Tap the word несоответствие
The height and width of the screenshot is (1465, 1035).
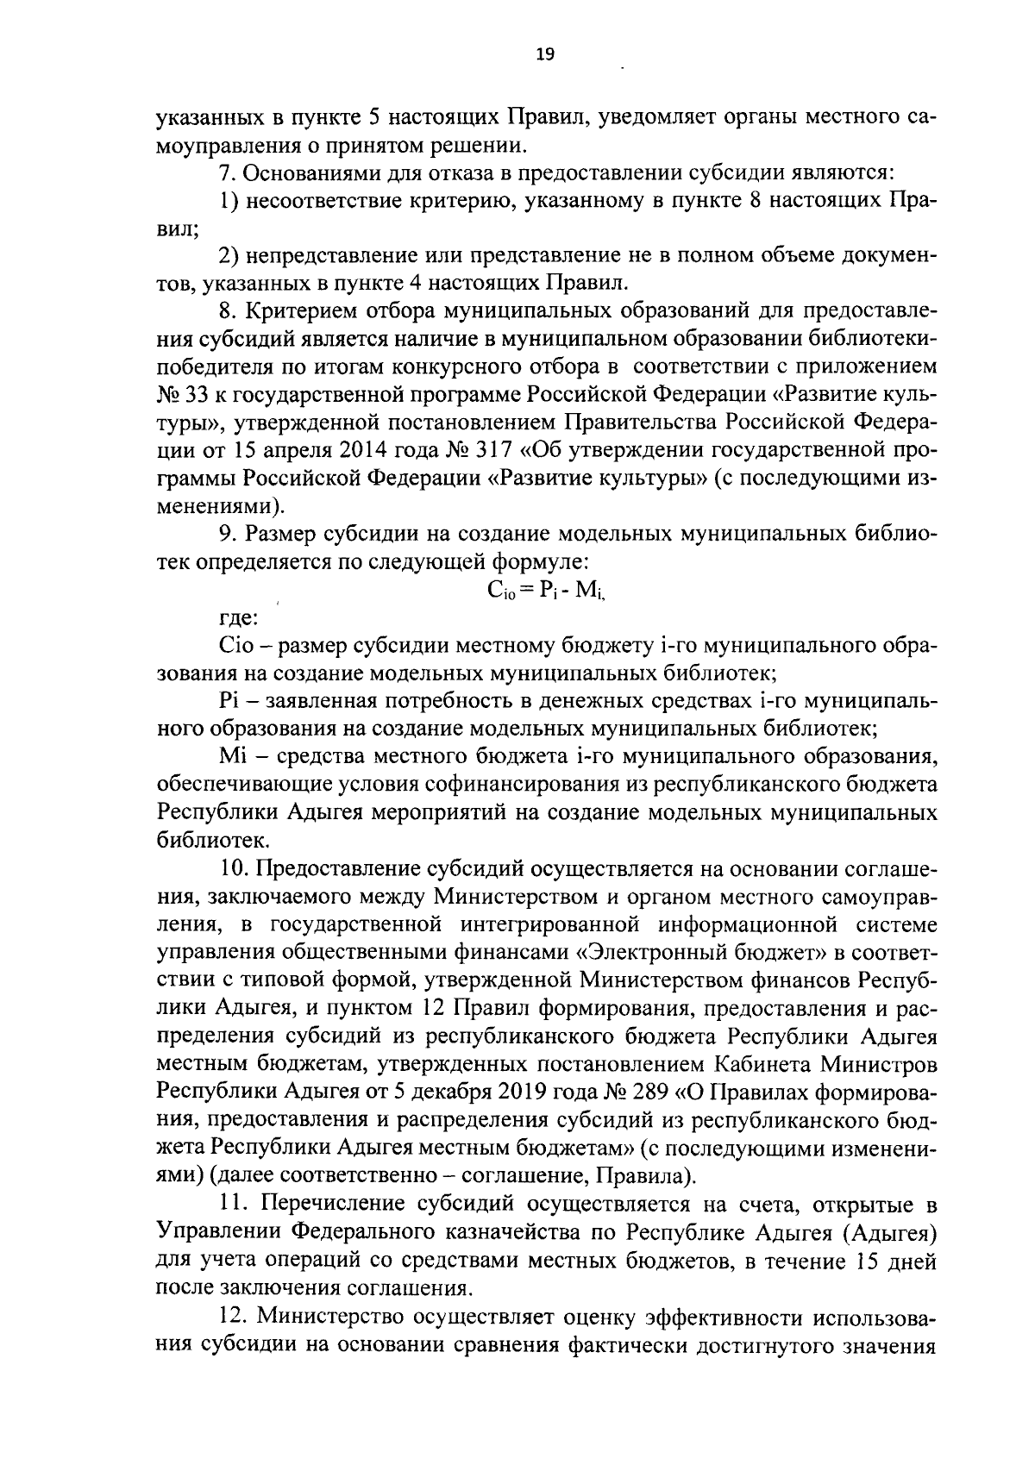tap(327, 201)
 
